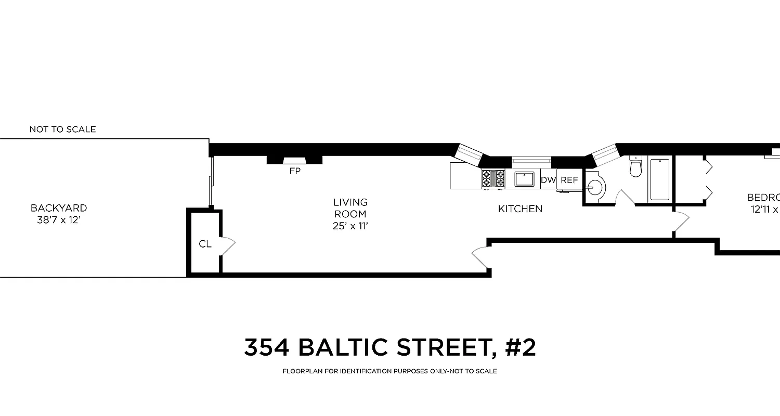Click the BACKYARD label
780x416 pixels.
coord(59,208)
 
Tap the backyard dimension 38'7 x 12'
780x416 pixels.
coord(59,220)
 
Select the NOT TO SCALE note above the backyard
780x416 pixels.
coord(62,129)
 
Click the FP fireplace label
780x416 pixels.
coord(295,171)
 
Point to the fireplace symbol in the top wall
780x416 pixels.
coord(294,160)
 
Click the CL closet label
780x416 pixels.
coord(205,244)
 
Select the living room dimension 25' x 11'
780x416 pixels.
coord(350,226)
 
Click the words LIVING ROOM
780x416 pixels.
coord(350,208)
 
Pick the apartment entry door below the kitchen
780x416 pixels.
coord(480,258)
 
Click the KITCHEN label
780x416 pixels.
coord(520,209)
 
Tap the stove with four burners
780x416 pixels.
coord(493,179)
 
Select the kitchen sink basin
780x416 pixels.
coord(524,179)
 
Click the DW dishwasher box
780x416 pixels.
coord(548,180)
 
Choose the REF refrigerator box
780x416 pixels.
coord(569,180)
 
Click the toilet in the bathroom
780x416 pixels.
coord(636,166)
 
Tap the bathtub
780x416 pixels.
coord(660,179)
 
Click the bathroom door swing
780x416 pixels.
coord(624,198)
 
